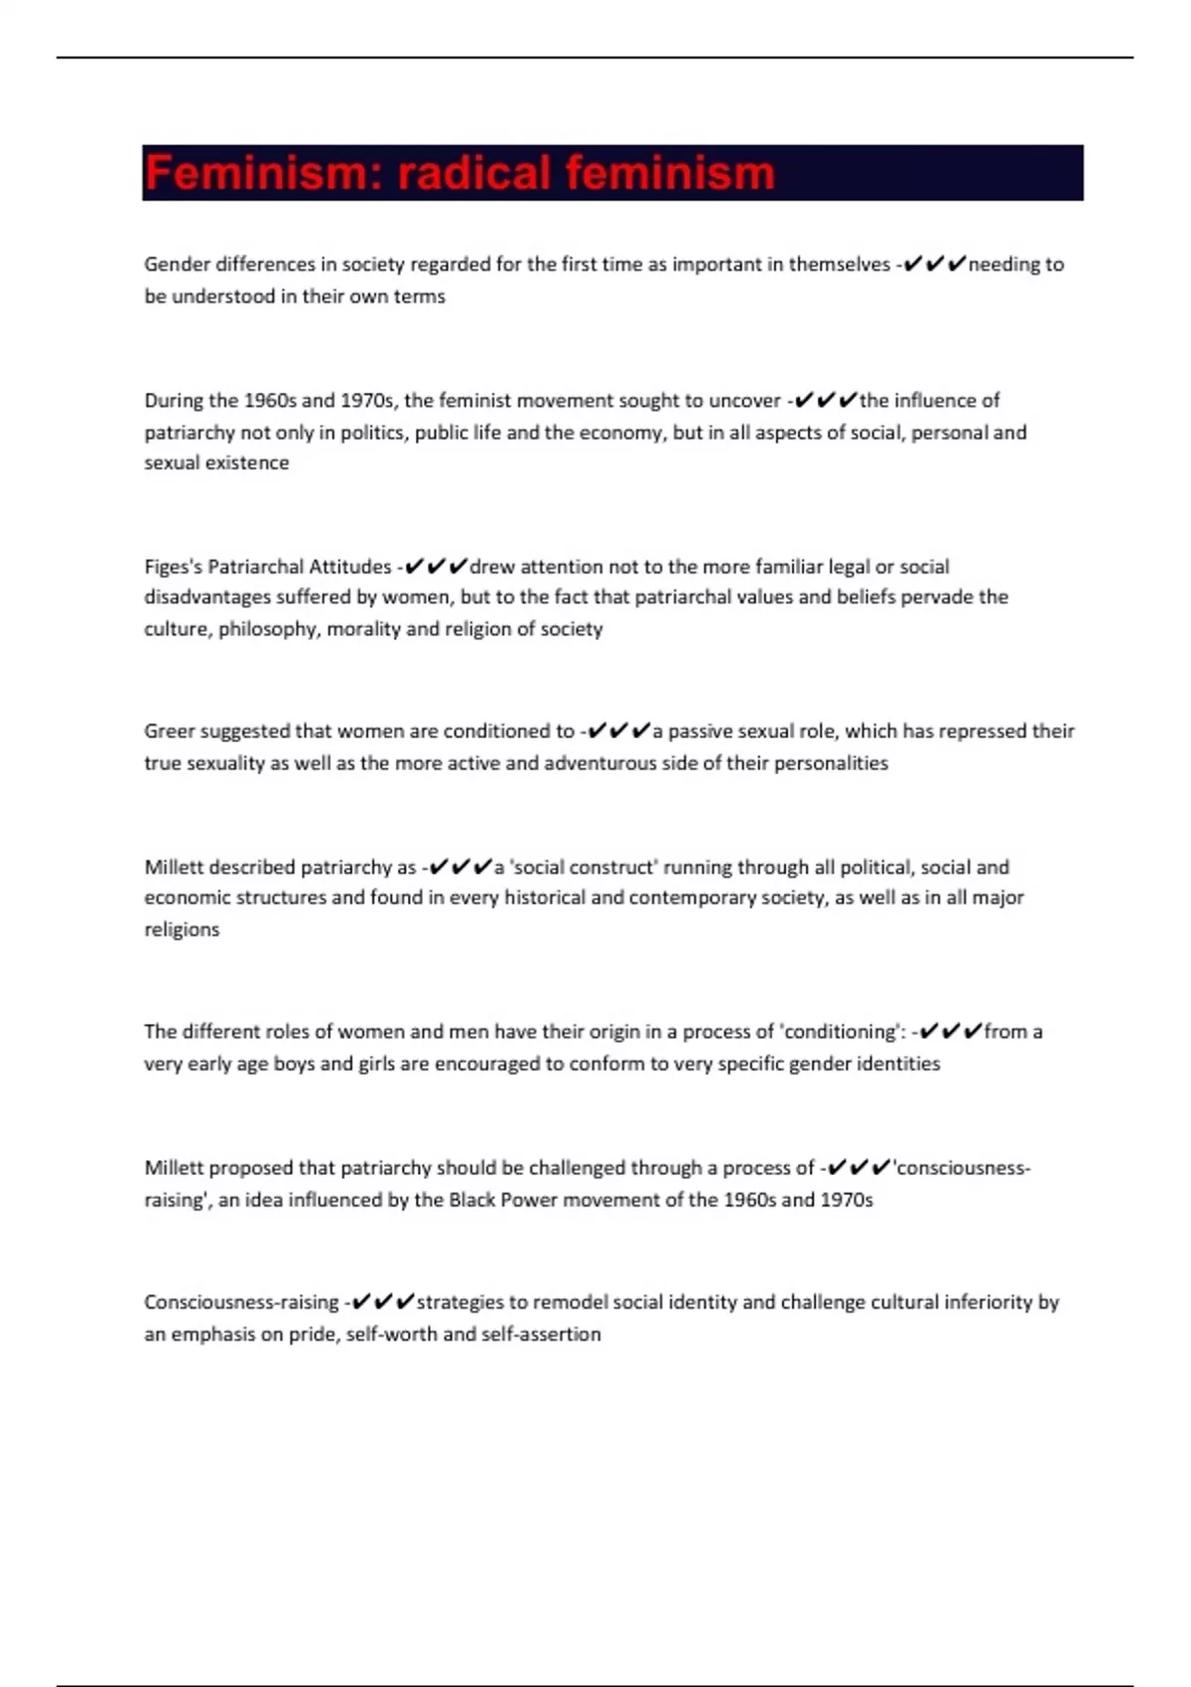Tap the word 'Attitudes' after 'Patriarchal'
(350, 567)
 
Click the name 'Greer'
(170, 731)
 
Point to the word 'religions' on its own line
(182, 930)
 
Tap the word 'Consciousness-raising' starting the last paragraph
(241, 1302)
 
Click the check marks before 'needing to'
(935, 265)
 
